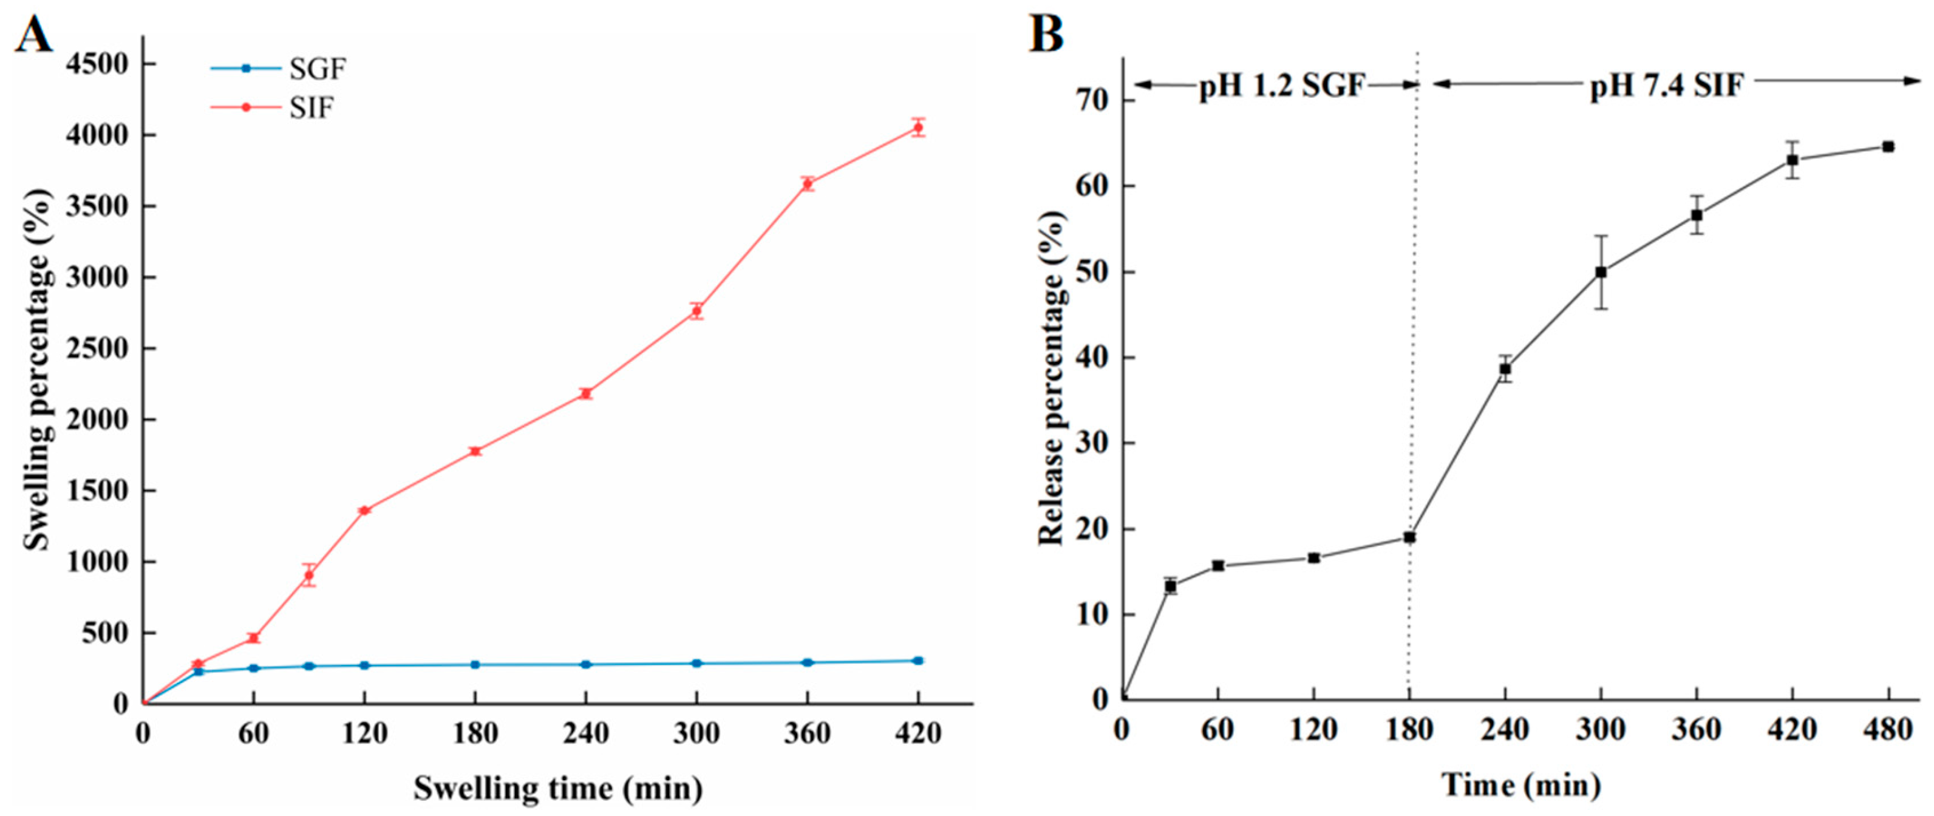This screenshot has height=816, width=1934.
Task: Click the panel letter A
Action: point(35,35)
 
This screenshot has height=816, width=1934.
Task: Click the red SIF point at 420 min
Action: point(918,127)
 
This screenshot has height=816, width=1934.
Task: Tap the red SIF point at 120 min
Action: point(365,511)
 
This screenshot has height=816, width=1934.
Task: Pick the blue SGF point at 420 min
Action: point(918,661)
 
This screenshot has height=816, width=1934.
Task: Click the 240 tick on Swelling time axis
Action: point(585,733)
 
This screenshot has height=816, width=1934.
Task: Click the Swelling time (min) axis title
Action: point(558,788)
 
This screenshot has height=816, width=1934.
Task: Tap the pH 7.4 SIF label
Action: point(1666,86)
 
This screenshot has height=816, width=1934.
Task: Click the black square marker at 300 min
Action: point(1601,273)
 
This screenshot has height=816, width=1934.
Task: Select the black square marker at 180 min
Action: point(1409,537)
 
